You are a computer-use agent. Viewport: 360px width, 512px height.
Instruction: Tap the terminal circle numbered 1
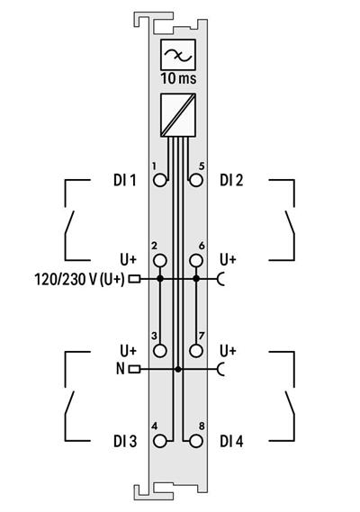click(160, 180)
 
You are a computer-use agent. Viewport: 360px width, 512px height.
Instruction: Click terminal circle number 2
click(160, 261)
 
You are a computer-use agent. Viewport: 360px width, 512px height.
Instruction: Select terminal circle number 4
click(160, 441)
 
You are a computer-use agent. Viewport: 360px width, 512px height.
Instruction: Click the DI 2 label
click(232, 180)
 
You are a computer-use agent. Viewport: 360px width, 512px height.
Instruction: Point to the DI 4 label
click(232, 441)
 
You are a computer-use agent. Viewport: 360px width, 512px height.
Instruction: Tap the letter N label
click(121, 369)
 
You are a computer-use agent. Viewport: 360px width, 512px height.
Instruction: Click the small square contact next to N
click(134, 369)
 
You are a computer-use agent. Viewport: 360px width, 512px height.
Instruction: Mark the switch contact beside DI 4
click(289, 401)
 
